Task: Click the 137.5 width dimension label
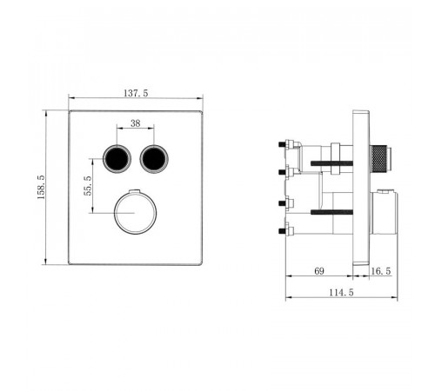[136, 93]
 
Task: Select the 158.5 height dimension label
[41, 187]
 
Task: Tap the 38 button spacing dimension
[136, 123]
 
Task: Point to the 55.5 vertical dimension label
[88, 186]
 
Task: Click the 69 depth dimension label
[319, 271]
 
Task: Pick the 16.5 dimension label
[381, 271]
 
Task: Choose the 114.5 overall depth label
[341, 293]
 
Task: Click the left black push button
[117, 159]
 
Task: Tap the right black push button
[154, 159]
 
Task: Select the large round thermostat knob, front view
[136, 213]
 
